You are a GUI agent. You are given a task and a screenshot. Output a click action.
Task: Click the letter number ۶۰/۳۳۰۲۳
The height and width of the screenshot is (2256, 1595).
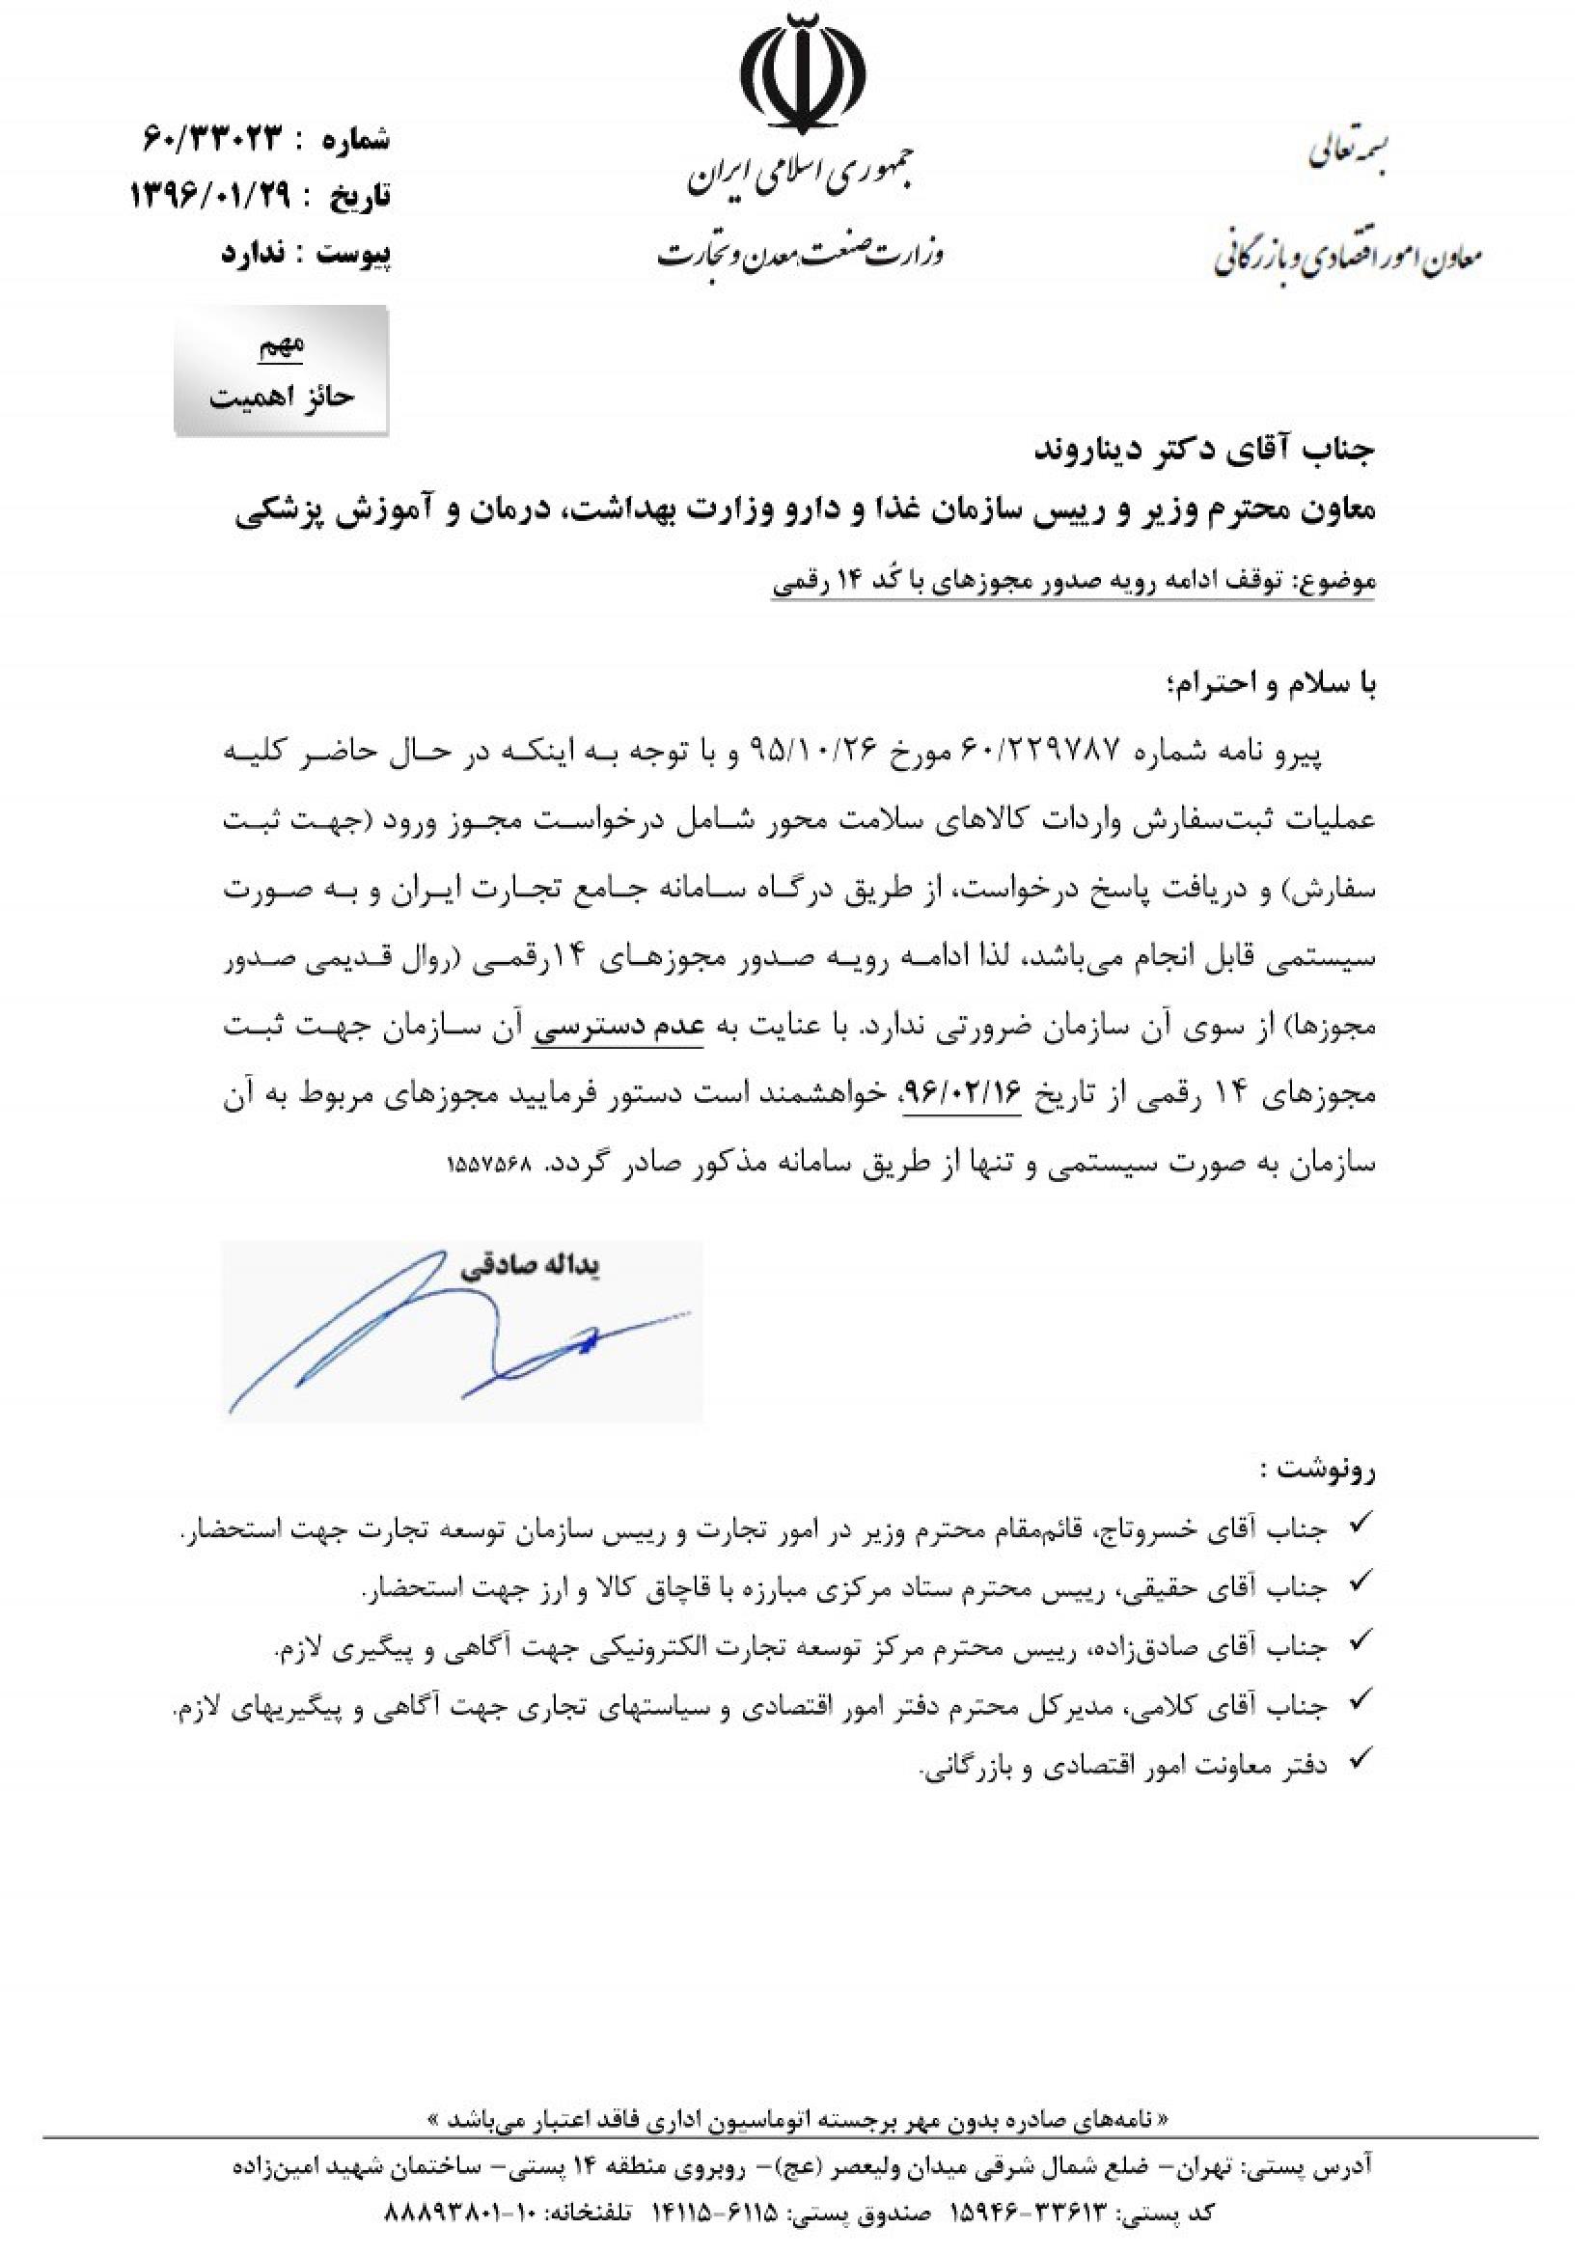click(x=214, y=138)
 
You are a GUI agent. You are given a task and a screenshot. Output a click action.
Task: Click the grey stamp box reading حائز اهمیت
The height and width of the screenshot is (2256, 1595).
click(x=282, y=372)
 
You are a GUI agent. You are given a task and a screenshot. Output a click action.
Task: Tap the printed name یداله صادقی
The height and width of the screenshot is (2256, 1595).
click(x=530, y=1268)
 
